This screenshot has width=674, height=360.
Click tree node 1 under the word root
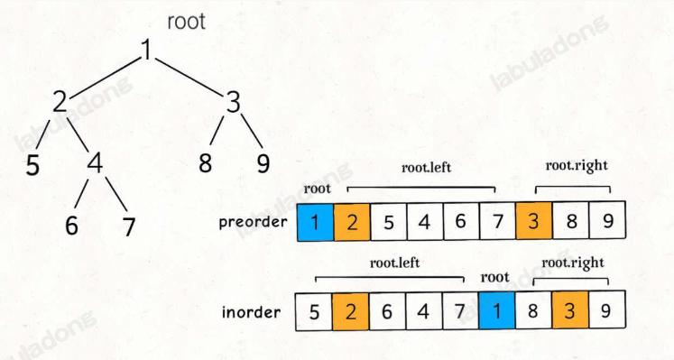click(x=146, y=52)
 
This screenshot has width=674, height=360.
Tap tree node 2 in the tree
click(x=60, y=103)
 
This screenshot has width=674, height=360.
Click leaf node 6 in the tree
click(x=71, y=226)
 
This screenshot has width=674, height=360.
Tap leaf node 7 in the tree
click(x=129, y=226)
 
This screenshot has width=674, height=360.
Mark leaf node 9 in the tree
click(x=263, y=165)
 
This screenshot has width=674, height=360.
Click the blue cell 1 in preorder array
click(x=315, y=222)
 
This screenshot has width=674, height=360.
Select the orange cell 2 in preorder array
click(x=351, y=222)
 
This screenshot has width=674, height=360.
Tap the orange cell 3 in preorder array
click(x=533, y=222)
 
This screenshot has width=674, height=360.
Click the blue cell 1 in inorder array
click(x=496, y=313)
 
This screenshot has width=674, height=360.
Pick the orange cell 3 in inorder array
click(x=569, y=313)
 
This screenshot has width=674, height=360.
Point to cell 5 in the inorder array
click(x=314, y=313)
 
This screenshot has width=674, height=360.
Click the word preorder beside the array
click(x=254, y=222)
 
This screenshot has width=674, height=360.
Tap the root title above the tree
click(x=187, y=21)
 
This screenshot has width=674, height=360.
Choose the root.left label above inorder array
click(x=395, y=263)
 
